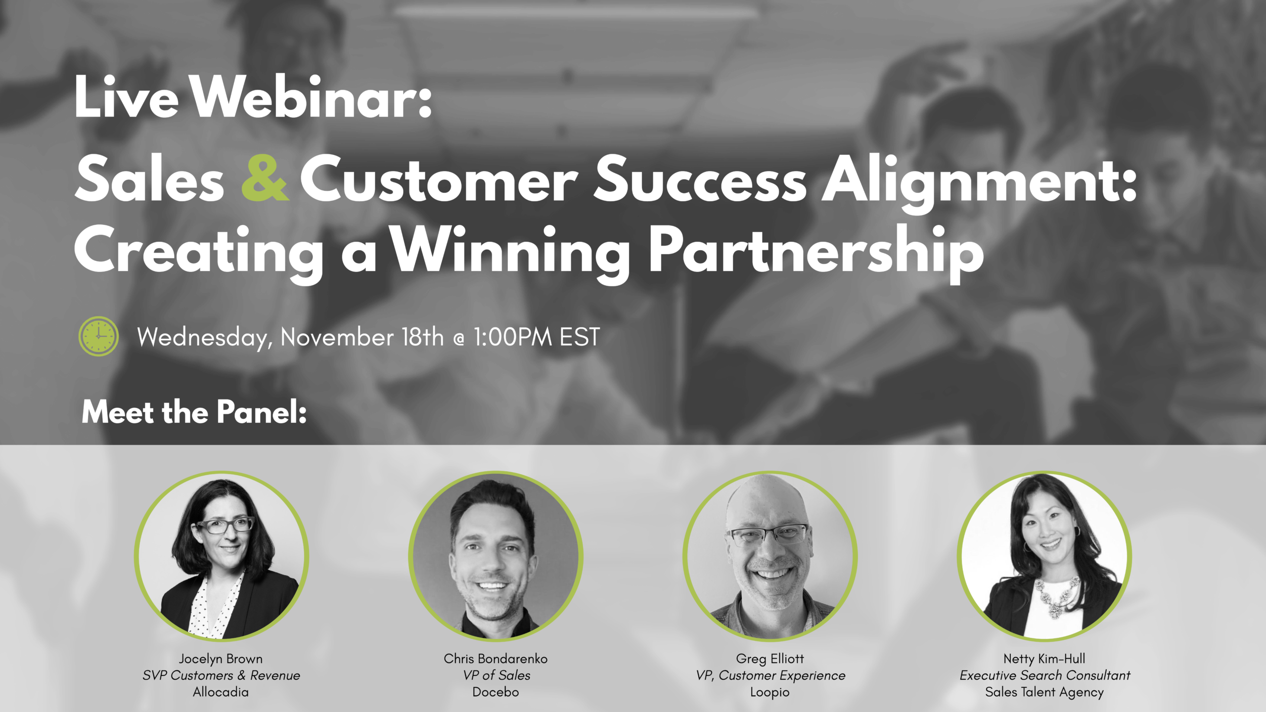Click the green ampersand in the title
point(265,178)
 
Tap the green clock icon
point(98,336)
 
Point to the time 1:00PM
point(512,337)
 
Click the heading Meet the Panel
point(194,412)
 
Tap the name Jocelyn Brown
point(221,659)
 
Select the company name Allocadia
point(221,692)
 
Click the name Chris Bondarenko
point(496,659)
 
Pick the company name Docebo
point(496,692)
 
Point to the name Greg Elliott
point(770,659)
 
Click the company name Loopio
point(770,692)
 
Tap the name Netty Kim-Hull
point(1044,659)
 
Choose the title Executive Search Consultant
point(1045,675)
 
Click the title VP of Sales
point(497,675)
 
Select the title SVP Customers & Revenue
point(221,675)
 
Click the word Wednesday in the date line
point(205,338)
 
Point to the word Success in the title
point(700,178)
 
